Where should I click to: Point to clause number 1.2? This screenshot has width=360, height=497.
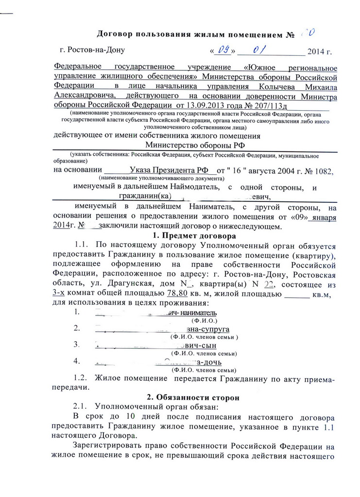pyautogui.click(x=81, y=378)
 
